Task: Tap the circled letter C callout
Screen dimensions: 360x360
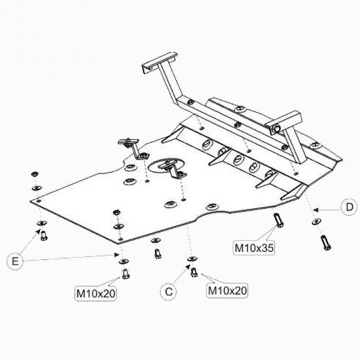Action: pos(169,290)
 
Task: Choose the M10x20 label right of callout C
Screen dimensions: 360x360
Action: pos(227,290)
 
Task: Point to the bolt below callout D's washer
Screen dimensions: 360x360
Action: pos(325,241)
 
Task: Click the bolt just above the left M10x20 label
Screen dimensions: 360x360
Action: pos(124,273)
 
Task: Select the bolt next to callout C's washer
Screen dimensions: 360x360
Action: pos(194,271)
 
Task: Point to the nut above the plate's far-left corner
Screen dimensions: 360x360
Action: pos(33,175)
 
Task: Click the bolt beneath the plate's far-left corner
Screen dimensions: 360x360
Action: pos(45,235)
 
